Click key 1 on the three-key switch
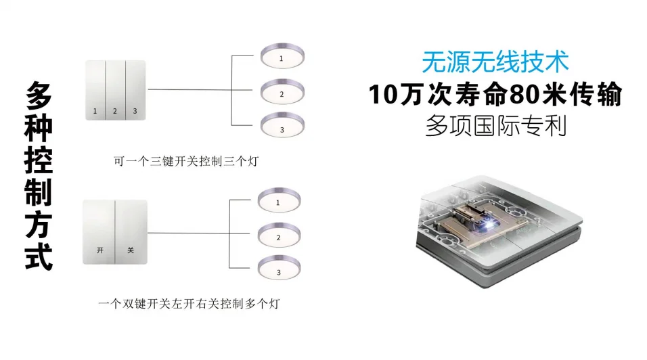coord(95,90)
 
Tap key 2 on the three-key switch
coord(115,90)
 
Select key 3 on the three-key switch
coord(135,90)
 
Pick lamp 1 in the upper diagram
coord(281,58)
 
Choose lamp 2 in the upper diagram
coord(281,91)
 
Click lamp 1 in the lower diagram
coord(278,202)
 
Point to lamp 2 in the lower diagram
coord(278,237)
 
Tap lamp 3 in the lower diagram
coord(278,271)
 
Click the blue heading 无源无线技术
coord(495,62)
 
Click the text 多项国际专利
coord(495,126)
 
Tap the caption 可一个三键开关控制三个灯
coord(187,162)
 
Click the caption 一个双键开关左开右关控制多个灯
coord(188,305)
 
